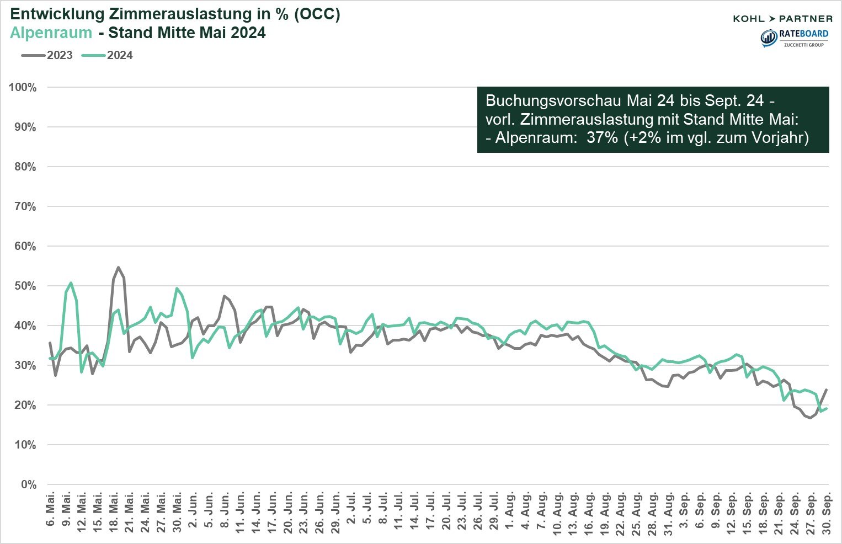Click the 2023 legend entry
pyautogui.click(x=47, y=55)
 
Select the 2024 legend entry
pyautogui.click(x=108, y=55)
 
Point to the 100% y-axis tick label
pyautogui.click(x=23, y=87)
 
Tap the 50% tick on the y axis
pyautogui.click(x=24, y=286)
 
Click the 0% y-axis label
pyautogui.click(x=28, y=484)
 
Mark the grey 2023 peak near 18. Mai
pyautogui.click(x=119, y=268)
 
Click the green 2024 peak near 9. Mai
pyautogui.click(x=71, y=283)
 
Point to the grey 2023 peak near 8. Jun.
pyautogui.click(x=225, y=296)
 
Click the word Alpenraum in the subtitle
pyautogui.click(x=51, y=33)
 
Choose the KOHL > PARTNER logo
pyautogui.click(x=782, y=19)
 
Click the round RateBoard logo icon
pyautogui.click(x=769, y=38)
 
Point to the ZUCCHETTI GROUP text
pyautogui.click(x=803, y=45)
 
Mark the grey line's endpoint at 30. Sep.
pyautogui.click(x=826, y=390)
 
